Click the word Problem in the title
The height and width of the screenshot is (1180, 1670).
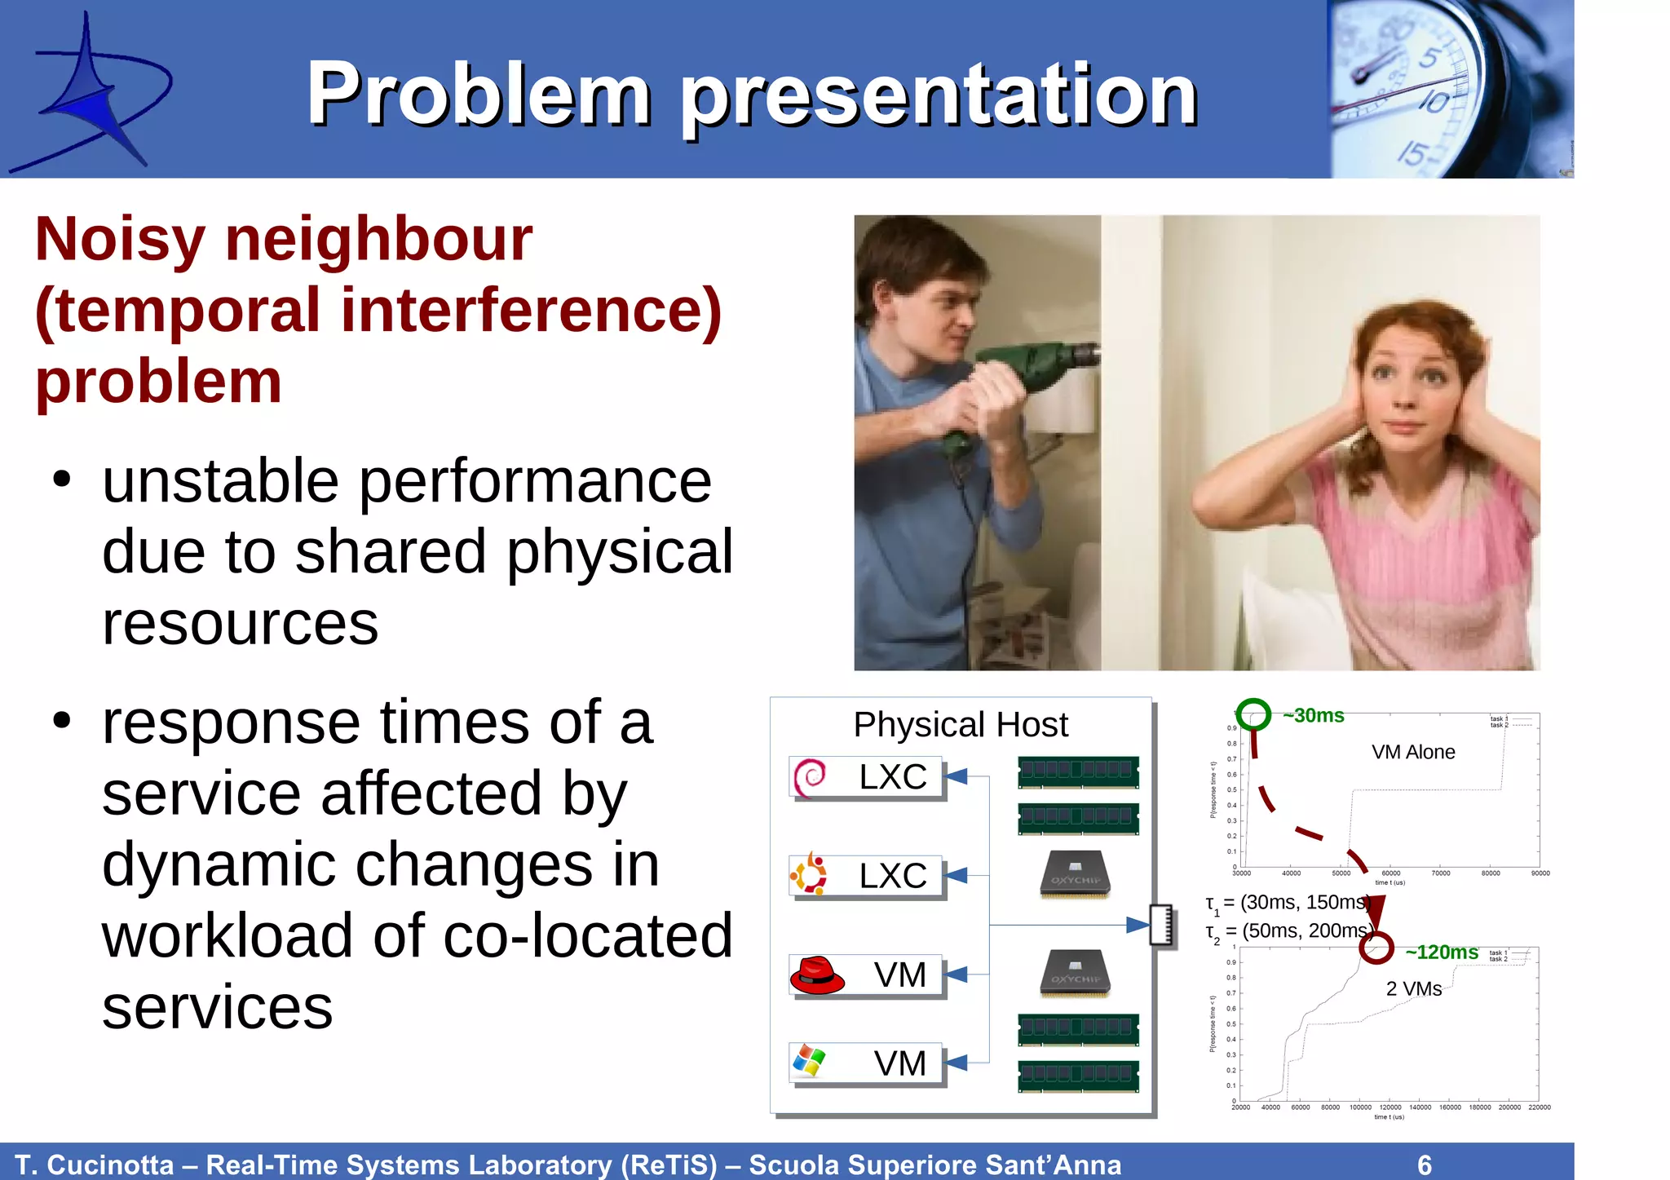(479, 95)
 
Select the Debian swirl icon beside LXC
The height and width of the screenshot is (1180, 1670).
(810, 777)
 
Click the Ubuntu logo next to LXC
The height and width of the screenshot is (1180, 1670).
(809, 875)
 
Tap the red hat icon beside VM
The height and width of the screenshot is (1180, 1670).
(816, 975)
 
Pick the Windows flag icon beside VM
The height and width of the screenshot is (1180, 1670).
(809, 1062)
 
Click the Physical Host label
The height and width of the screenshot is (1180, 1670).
(960, 725)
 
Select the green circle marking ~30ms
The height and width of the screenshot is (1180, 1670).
(1253, 715)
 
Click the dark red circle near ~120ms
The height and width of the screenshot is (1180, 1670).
(1376, 948)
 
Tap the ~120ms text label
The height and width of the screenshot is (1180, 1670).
(1441, 952)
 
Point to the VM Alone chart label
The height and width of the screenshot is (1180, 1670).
(1412, 753)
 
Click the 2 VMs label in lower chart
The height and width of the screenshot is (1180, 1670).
(1413, 989)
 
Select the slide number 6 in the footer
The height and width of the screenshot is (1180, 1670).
(1425, 1165)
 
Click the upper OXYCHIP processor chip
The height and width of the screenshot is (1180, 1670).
(1075, 875)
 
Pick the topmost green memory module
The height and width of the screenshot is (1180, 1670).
(1078, 771)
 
